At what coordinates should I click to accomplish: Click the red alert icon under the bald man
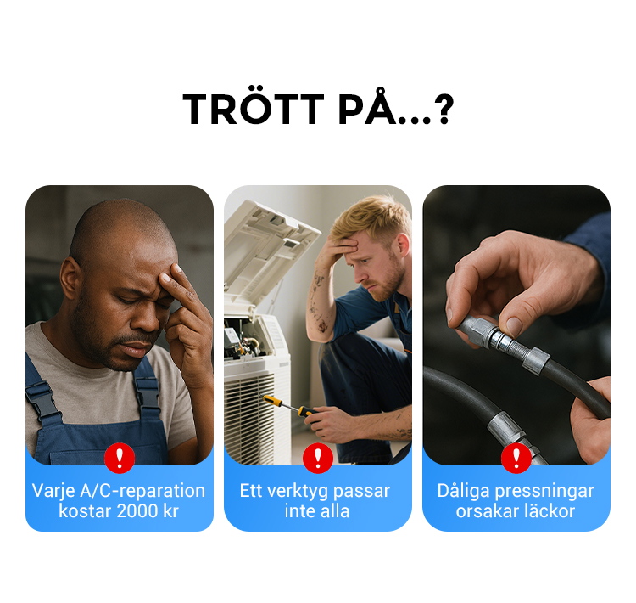point(120,458)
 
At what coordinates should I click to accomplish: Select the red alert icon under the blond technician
point(318,458)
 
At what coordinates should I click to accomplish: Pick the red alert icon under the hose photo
point(516,458)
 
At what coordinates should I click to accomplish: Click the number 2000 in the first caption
point(139,511)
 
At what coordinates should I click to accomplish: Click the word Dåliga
point(463,492)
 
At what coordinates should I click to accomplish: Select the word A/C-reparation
point(142,491)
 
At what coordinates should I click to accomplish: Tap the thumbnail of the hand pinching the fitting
point(514,325)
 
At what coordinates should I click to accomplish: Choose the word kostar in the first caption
point(85,511)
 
